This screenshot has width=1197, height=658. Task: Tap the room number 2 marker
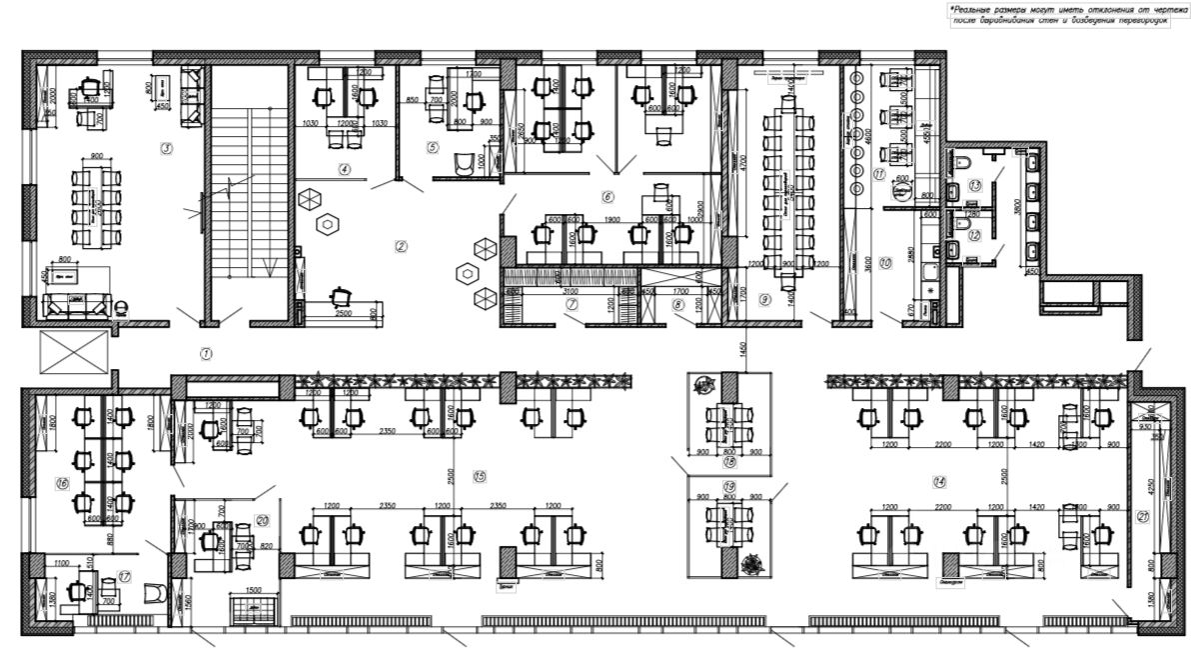pos(401,245)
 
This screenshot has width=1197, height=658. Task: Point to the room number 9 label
pos(762,298)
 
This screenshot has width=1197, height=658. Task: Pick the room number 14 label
pos(940,481)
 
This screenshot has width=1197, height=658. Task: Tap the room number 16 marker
pos(63,483)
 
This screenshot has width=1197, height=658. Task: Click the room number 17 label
pos(126,575)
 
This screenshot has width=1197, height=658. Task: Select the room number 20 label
pos(262,519)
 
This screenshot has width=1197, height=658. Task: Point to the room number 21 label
pos(1144,516)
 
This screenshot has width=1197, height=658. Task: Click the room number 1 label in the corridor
pos(205,353)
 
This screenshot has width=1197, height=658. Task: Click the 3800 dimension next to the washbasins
pos(1018,212)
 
